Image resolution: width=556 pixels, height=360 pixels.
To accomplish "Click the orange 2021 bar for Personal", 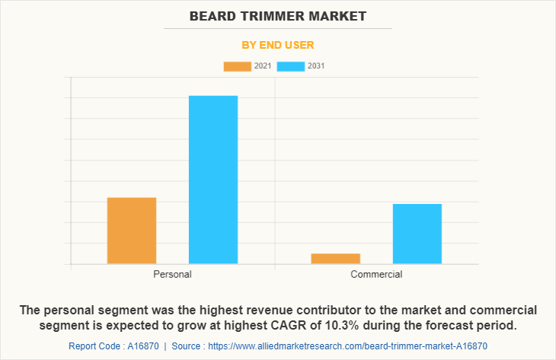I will [132, 231].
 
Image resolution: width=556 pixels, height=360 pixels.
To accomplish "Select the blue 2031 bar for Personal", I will [213, 180].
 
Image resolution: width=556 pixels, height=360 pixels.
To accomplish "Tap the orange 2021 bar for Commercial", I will [335, 259].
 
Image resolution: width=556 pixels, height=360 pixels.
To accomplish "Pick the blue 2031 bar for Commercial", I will [417, 234].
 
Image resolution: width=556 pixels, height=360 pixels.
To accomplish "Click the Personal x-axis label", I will [172, 274].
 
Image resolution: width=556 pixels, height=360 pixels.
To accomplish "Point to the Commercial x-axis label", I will [376, 274].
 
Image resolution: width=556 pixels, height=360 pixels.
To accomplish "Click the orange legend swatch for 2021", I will [237, 66].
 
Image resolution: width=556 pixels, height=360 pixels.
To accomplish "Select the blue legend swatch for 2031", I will [290, 66].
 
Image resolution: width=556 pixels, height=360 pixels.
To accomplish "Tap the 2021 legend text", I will [263, 66].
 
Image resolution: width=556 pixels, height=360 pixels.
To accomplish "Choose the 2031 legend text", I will [316, 66].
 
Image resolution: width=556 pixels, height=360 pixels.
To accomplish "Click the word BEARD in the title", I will [209, 15].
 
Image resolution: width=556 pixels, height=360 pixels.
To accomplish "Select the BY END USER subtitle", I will [278, 45].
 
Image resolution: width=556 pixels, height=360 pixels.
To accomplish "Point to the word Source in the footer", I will [186, 346].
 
